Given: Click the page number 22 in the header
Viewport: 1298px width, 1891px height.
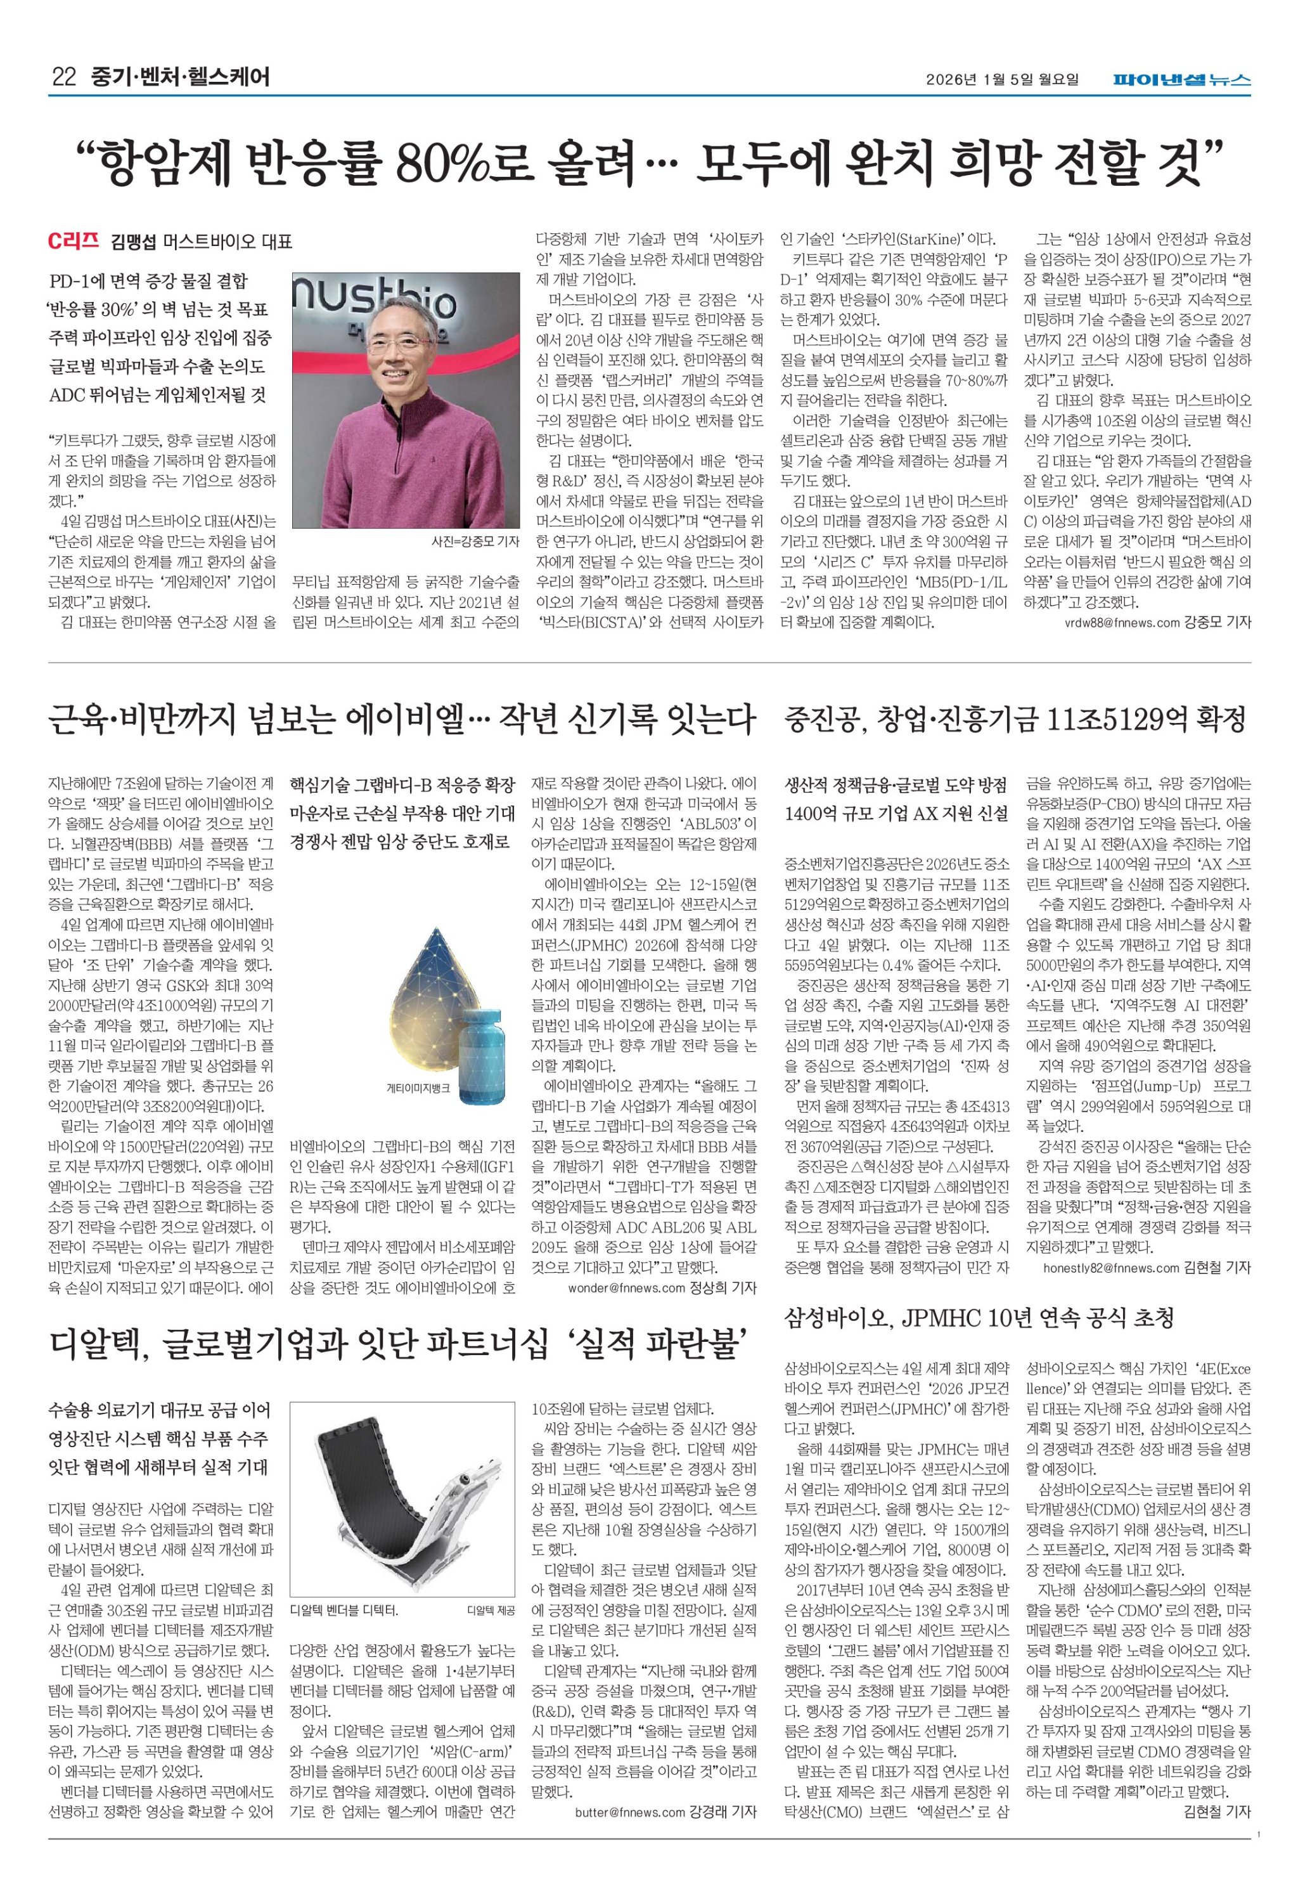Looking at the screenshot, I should (x=63, y=78).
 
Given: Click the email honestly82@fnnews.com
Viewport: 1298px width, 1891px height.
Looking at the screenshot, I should (x=1111, y=1267).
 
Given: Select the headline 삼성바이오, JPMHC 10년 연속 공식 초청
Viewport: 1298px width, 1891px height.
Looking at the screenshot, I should (x=979, y=1317).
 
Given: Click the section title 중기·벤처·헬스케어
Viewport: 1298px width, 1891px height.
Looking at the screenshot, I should (x=180, y=78).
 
